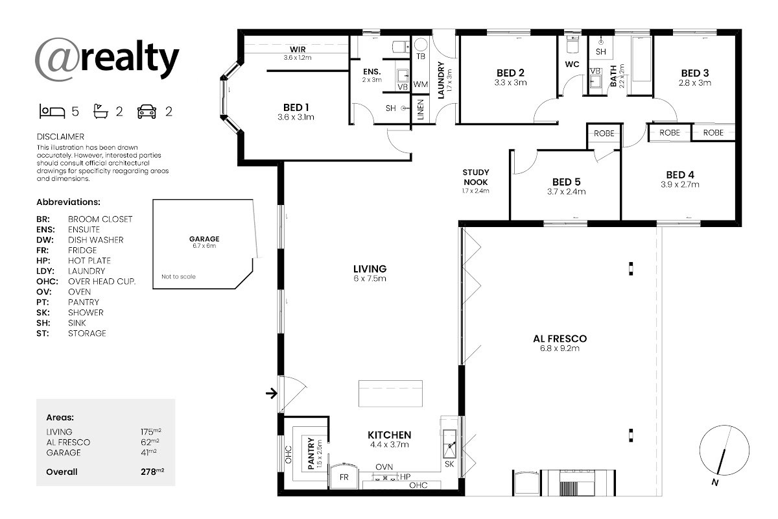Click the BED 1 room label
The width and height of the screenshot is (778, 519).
pyautogui.click(x=296, y=108)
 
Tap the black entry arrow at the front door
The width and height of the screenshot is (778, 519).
pyautogui.click(x=272, y=394)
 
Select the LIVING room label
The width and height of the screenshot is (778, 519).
pyautogui.click(x=370, y=269)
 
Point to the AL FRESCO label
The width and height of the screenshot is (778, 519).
pyautogui.click(x=560, y=339)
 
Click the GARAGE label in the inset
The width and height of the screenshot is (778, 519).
pyautogui.click(x=204, y=239)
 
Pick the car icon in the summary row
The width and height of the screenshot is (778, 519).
pyautogui.click(x=147, y=112)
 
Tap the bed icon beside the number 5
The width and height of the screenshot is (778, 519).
pyautogui.click(x=52, y=112)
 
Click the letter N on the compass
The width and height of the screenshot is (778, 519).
pyautogui.click(x=714, y=482)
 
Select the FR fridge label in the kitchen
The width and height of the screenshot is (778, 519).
pyautogui.click(x=344, y=477)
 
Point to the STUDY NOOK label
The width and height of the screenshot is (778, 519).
pyautogui.click(x=476, y=177)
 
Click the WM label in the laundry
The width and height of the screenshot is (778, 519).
pyautogui.click(x=421, y=84)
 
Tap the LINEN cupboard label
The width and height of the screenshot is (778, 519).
pyautogui.click(x=421, y=110)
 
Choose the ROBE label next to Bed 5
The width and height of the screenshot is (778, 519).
pyautogui.click(x=604, y=134)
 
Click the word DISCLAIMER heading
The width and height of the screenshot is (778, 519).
pyautogui.click(x=60, y=137)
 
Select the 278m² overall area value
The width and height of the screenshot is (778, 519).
pyautogui.click(x=152, y=472)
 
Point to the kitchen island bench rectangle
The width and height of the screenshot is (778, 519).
pyautogui.click(x=390, y=394)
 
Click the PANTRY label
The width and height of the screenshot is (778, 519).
pyautogui.click(x=311, y=453)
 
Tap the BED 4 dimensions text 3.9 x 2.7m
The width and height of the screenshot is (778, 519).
pyautogui.click(x=679, y=185)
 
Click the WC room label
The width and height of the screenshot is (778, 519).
pyautogui.click(x=572, y=64)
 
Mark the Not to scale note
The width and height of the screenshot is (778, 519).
pyautogui.click(x=178, y=277)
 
